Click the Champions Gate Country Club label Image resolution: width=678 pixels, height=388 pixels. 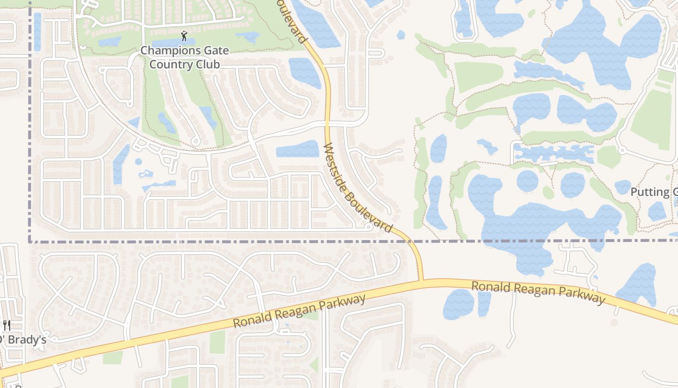click(x=184, y=57)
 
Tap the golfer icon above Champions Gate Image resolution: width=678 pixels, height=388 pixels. click(x=184, y=36)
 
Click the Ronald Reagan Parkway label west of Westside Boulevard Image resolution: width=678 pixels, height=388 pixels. click(x=299, y=311)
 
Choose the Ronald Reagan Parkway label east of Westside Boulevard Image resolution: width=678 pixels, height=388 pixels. click(x=538, y=292)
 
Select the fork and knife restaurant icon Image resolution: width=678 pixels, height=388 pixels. click(x=6, y=325)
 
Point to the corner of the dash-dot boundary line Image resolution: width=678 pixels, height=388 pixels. click(x=30, y=241)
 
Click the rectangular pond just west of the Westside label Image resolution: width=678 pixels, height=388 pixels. click(x=297, y=149)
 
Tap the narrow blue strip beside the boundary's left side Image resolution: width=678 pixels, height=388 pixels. click(x=37, y=32)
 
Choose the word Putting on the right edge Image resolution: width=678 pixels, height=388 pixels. click(x=649, y=192)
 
